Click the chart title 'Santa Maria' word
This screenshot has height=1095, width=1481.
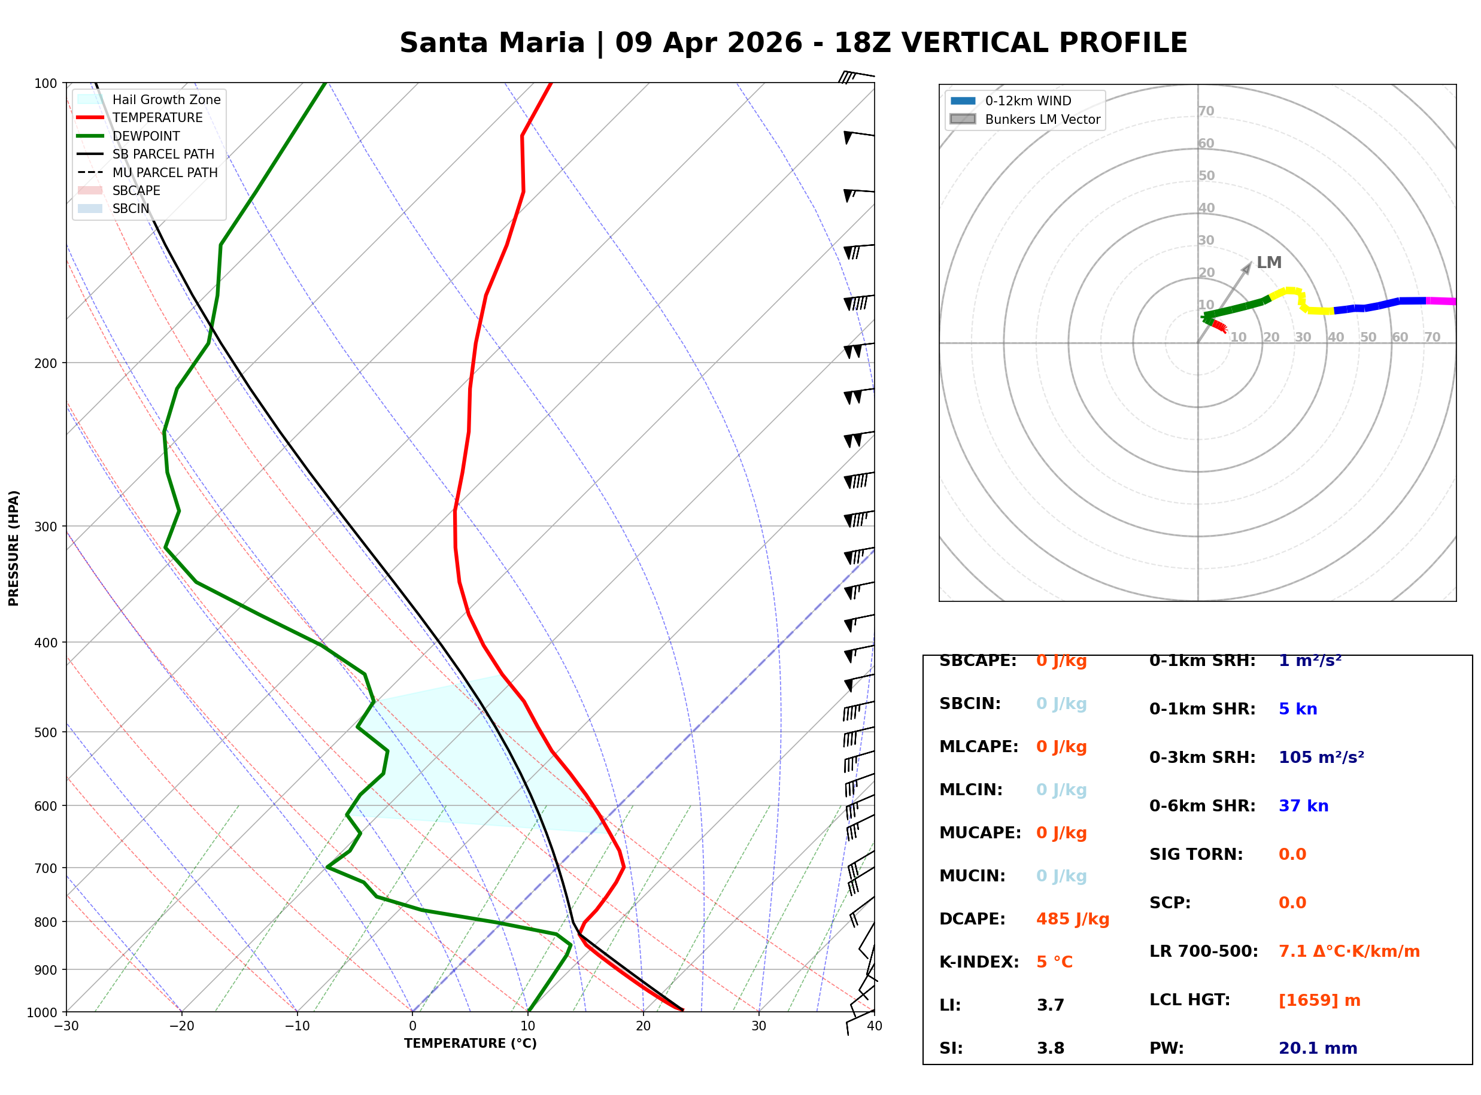[x=491, y=43]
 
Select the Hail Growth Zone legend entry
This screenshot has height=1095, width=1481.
[x=166, y=99]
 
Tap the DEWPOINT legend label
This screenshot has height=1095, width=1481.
[x=146, y=136]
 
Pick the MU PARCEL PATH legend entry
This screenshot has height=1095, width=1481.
[x=165, y=172]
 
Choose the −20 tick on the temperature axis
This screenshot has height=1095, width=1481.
[x=181, y=1026]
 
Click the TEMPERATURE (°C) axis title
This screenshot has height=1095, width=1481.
[x=470, y=1044]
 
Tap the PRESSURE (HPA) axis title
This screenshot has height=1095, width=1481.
[x=14, y=548]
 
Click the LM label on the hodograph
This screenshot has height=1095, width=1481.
[x=1268, y=263]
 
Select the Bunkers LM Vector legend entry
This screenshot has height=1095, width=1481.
[x=1042, y=119]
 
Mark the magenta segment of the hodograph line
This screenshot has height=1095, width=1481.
[x=1441, y=301]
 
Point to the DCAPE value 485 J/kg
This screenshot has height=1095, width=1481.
[x=1073, y=919]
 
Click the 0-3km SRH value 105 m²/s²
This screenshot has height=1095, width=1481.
[x=1321, y=758]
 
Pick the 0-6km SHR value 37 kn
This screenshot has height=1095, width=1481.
[x=1303, y=806]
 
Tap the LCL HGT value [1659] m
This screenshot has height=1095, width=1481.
[x=1319, y=1000]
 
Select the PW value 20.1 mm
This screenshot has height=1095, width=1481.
[x=1318, y=1048]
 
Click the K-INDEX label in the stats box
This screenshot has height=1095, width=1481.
[x=979, y=962]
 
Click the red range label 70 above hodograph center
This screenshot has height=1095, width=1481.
[x=1206, y=111]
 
